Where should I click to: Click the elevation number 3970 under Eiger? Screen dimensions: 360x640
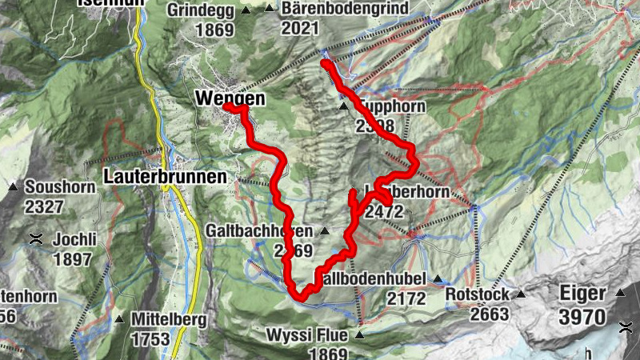(x=582, y=316)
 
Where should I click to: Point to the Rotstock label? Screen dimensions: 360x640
(x=479, y=294)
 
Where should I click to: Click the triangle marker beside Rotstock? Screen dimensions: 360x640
(x=521, y=294)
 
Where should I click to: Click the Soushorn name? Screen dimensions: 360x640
(x=60, y=187)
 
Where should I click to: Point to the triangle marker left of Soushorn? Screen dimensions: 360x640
(x=14, y=187)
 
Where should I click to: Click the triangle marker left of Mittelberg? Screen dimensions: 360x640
(x=119, y=319)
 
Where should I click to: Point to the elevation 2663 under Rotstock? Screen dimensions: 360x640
(x=489, y=314)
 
